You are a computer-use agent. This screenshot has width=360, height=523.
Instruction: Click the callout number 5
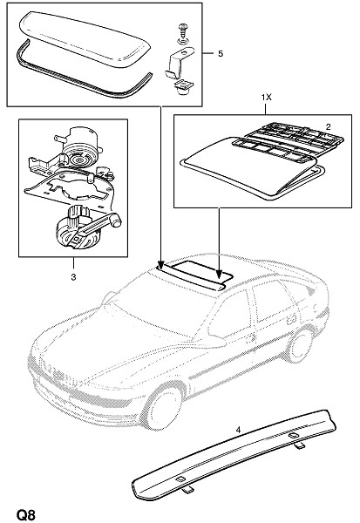coord(221,53)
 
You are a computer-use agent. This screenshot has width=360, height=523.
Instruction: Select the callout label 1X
coord(266,98)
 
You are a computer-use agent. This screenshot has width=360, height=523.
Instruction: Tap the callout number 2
coord(329,126)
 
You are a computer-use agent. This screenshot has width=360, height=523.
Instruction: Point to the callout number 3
coord(73,277)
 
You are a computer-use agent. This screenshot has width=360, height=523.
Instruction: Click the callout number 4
coord(238,431)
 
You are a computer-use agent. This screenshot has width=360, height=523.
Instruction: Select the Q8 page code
coord(25,514)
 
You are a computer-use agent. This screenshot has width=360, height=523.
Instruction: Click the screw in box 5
coord(183,34)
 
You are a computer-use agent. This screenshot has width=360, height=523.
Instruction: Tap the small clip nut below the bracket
coord(183,87)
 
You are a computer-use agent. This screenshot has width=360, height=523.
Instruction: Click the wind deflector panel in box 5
coord(85,38)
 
